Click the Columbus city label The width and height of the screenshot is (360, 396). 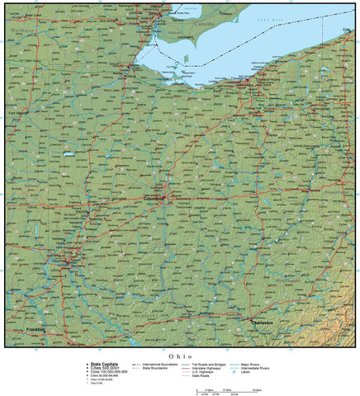(x=154, y=198)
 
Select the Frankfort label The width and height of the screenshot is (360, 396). (x=36, y=328)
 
